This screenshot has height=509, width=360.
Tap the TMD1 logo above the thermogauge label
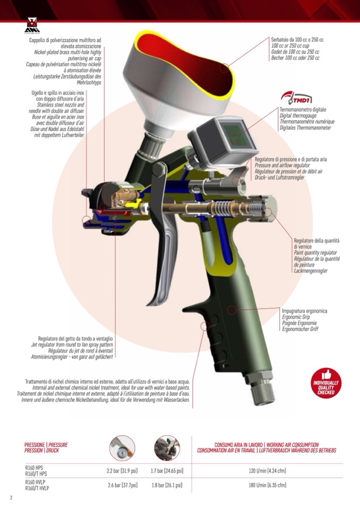[x=296, y=97]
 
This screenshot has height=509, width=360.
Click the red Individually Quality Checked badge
[x=326, y=383]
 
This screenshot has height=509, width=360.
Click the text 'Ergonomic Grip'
[x=296, y=317]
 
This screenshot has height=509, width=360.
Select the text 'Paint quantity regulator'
[x=315, y=253]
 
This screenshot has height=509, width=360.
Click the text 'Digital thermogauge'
[x=298, y=116]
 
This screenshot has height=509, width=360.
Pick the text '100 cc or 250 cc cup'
[x=290, y=46]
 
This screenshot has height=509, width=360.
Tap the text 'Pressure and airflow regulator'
[x=282, y=165]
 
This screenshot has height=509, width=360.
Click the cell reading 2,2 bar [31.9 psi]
[x=122, y=471]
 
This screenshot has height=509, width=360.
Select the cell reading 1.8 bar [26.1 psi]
[x=167, y=485]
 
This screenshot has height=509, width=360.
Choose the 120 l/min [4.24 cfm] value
[x=267, y=471]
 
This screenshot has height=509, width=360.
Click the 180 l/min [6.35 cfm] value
[x=267, y=485]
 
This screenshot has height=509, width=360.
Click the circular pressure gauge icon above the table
[x=122, y=448]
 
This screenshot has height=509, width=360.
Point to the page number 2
[x=11, y=498]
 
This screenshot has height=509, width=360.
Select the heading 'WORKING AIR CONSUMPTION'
[x=293, y=445]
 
